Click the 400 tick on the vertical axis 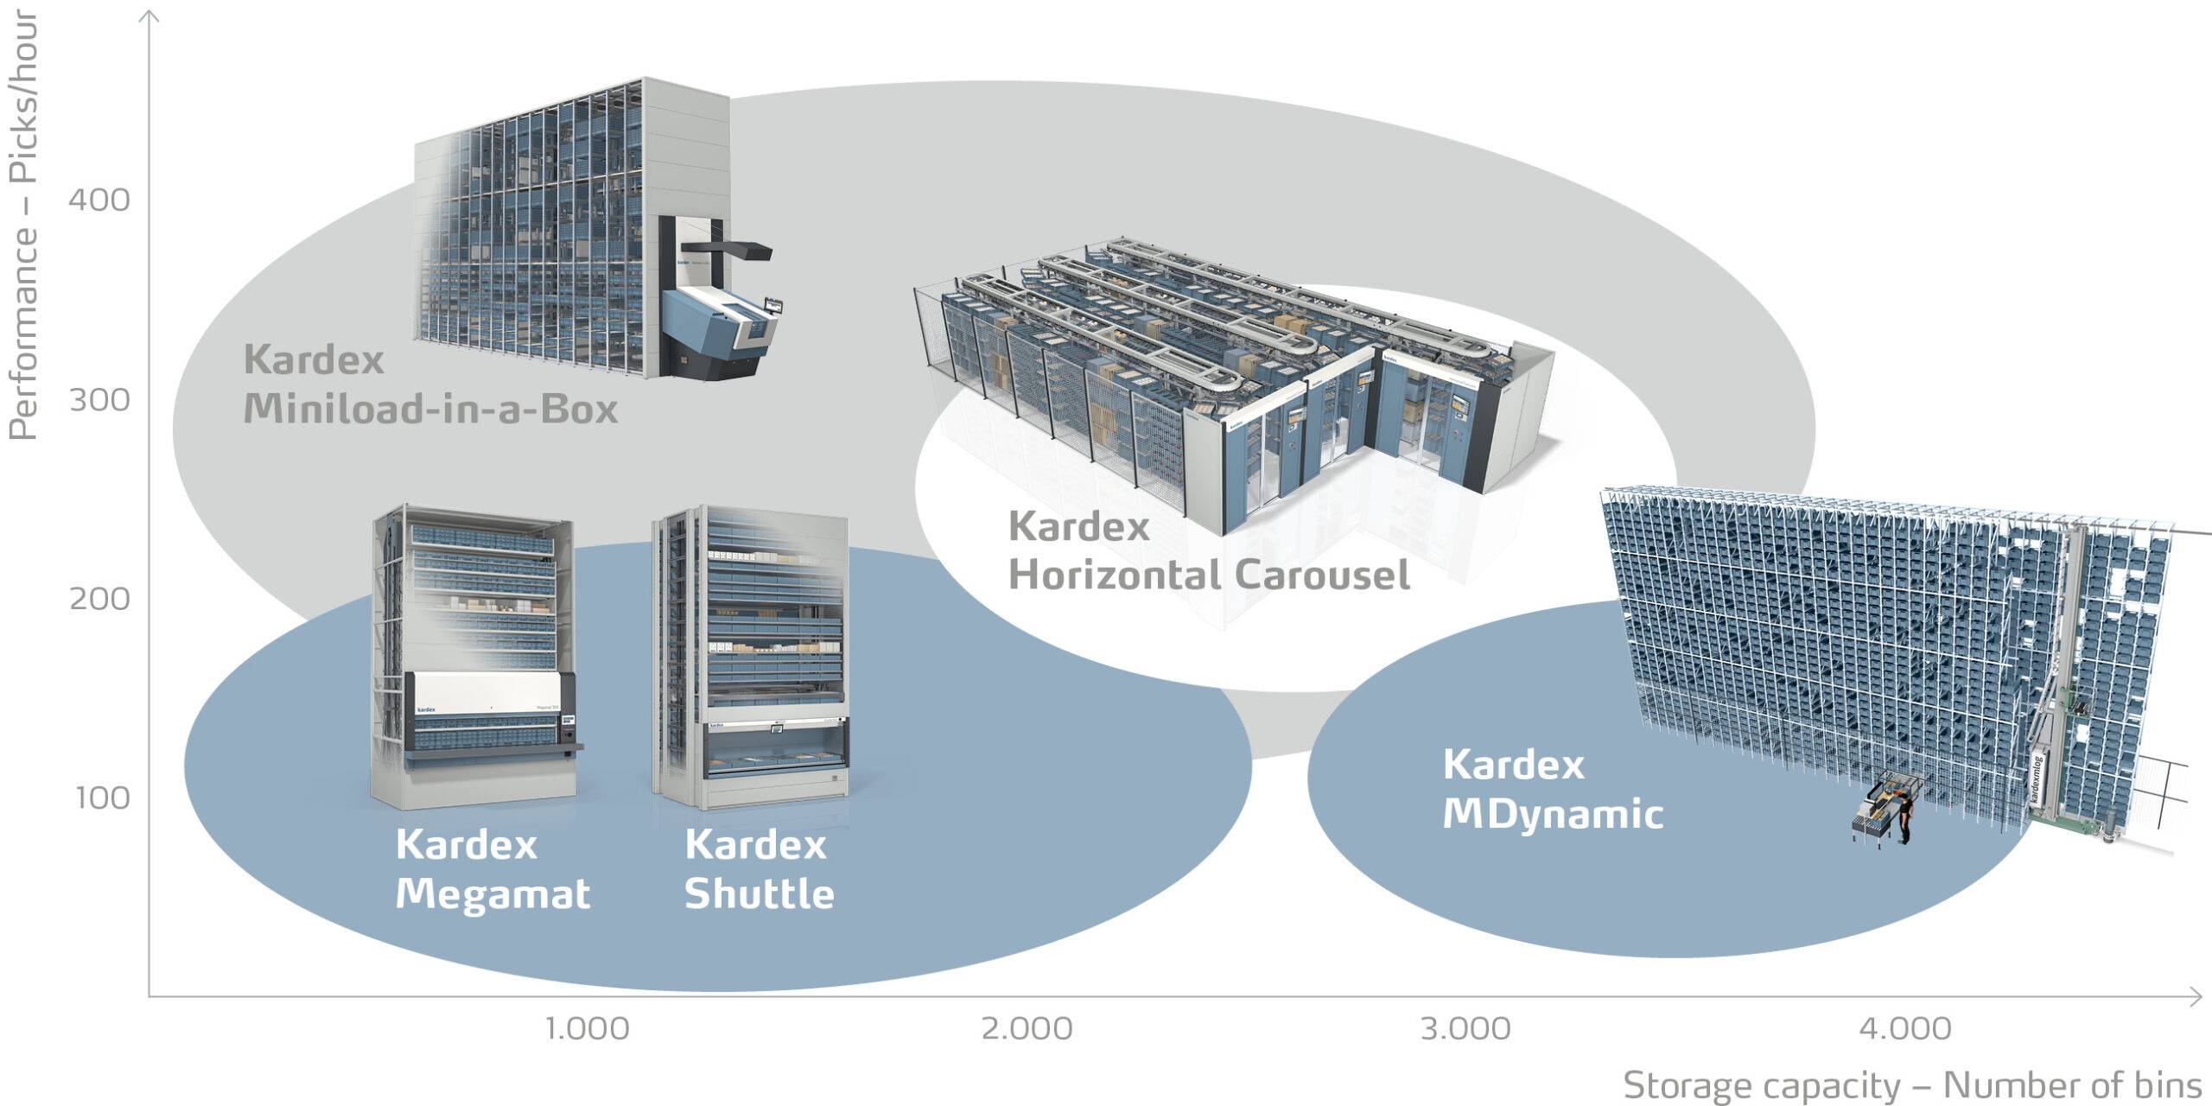click(x=99, y=200)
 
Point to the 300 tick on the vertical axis click(x=99, y=400)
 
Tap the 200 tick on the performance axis click(x=99, y=599)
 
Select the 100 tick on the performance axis click(x=102, y=798)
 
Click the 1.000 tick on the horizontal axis click(x=588, y=1029)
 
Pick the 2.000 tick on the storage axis click(x=1027, y=1029)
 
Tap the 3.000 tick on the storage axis click(x=1466, y=1029)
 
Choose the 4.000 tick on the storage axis click(x=1905, y=1029)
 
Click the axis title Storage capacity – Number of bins click(x=1912, y=1085)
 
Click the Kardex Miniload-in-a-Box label click(x=430, y=384)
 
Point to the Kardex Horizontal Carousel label click(x=1209, y=550)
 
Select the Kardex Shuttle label click(x=759, y=869)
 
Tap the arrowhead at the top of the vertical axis click(x=149, y=16)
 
